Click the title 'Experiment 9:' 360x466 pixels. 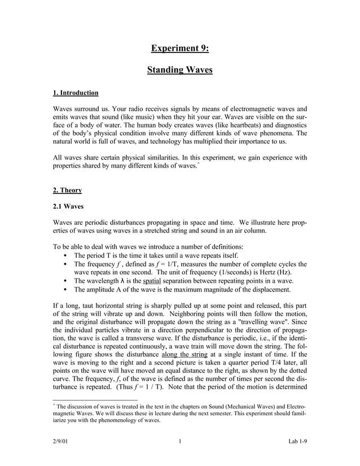click(179, 49)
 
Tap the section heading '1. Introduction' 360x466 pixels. click(75, 93)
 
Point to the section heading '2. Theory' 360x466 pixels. click(67, 191)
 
